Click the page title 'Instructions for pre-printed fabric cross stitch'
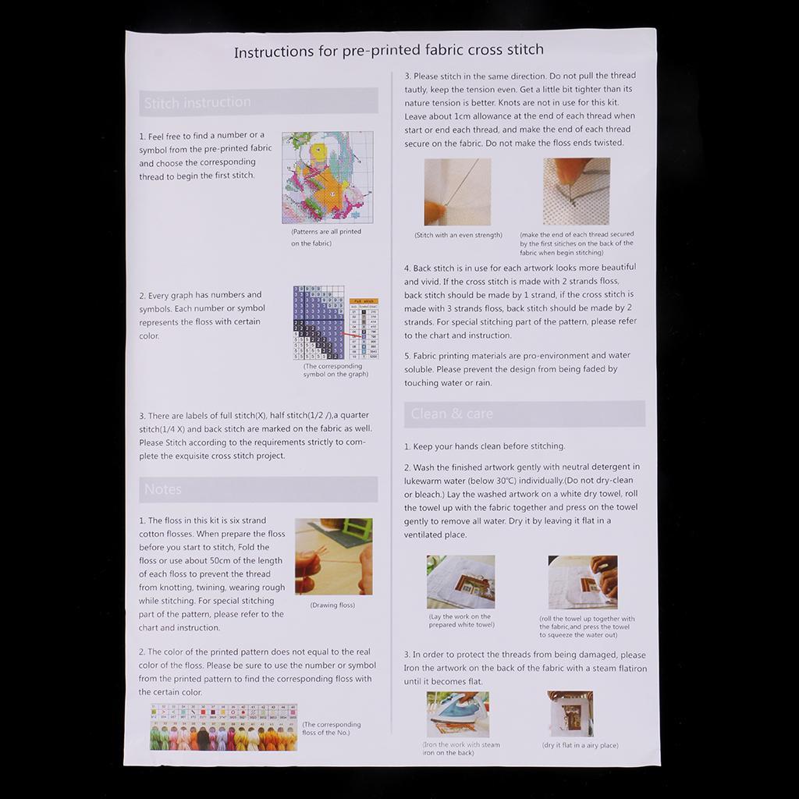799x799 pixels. (389, 51)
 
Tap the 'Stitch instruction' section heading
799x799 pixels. (197, 102)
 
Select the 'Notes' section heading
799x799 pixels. (163, 489)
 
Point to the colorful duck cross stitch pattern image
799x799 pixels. (327, 177)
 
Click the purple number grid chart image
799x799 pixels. (318, 322)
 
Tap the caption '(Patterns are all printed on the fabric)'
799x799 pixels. (326, 237)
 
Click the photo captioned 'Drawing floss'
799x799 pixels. (333, 556)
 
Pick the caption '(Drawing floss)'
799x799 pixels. (332, 605)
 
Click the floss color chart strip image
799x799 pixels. (224, 726)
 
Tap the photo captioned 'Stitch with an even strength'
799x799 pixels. (457, 192)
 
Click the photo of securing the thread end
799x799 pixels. (576, 191)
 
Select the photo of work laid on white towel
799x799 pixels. (460, 581)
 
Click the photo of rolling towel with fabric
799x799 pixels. (582, 582)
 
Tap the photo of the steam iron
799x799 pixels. (457, 714)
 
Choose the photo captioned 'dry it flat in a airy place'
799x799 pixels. (570, 713)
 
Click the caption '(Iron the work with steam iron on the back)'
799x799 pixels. (461, 749)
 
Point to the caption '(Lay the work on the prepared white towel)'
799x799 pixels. (460, 620)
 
